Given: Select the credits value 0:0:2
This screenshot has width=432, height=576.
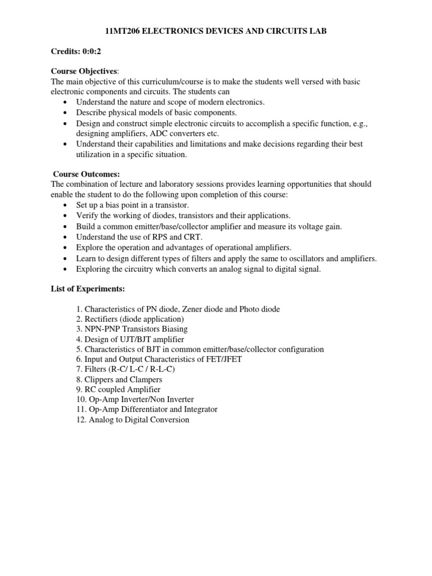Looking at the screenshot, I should tap(90, 51).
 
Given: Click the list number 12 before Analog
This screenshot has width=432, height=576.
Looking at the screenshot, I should tap(80, 420).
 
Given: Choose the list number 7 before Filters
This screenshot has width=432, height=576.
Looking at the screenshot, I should tap(79, 370).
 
